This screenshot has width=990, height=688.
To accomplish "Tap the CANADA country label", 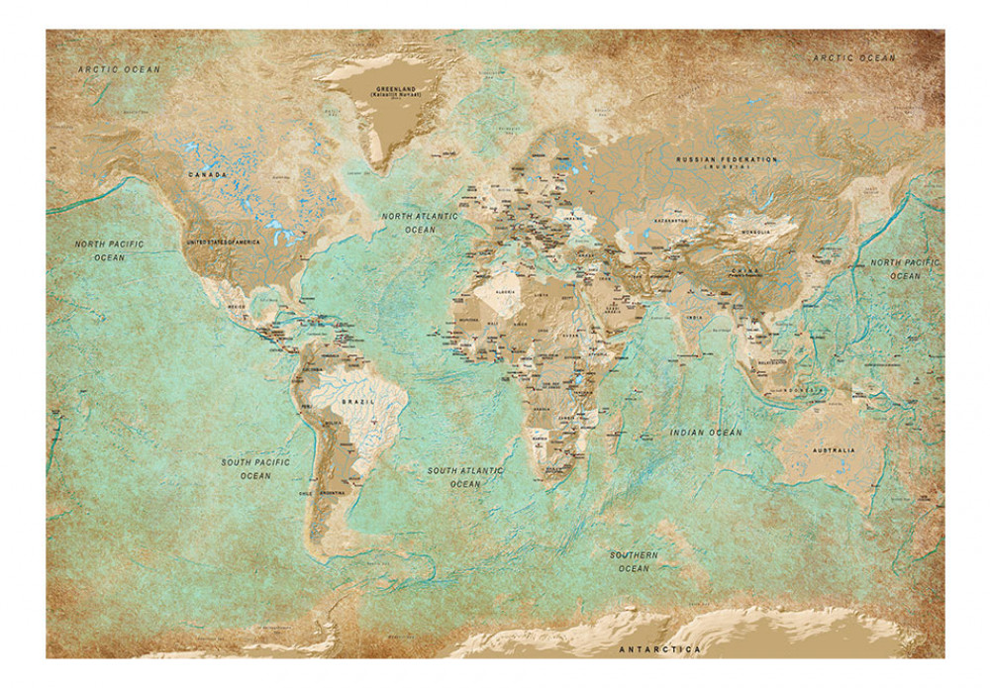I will pyautogui.click(x=209, y=175).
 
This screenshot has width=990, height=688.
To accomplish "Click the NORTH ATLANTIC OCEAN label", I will pyautogui.click(x=420, y=222).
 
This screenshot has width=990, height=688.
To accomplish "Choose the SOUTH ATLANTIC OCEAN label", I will pyautogui.click(x=465, y=477).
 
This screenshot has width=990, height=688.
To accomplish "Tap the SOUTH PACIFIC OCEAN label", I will pyautogui.click(x=255, y=468).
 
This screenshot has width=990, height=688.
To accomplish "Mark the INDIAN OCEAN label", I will pyautogui.click(x=706, y=433).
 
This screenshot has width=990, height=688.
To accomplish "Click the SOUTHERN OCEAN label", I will pyautogui.click(x=634, y=561).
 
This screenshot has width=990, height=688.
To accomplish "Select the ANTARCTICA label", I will pyautogui.click(x=659, y=649).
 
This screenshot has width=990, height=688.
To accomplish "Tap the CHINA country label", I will pyautogui.click(x=744, y=269).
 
